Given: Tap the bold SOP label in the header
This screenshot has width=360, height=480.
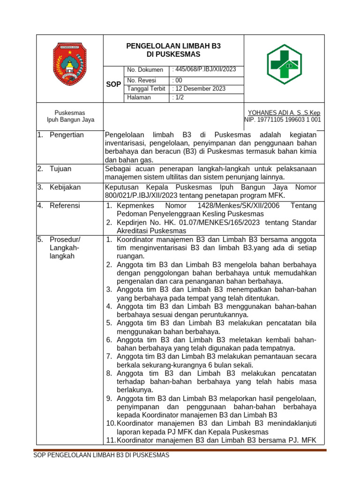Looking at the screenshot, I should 113,84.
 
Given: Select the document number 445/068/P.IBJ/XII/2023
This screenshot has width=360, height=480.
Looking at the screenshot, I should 204,70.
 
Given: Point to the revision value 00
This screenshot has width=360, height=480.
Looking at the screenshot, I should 177,80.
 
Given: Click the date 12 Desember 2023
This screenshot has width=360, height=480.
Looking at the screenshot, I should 199,89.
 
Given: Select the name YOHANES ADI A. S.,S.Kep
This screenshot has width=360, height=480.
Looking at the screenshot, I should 284,113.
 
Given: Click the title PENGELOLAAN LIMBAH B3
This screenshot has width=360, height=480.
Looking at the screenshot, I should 173,46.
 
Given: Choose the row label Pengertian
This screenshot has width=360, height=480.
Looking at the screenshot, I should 67,135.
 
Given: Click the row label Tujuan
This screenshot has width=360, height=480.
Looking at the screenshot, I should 60,169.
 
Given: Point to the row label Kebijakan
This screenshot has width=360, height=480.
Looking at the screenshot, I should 65,187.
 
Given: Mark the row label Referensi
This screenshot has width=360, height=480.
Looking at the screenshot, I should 65,205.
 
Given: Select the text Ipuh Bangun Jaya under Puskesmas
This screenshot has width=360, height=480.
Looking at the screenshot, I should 70,120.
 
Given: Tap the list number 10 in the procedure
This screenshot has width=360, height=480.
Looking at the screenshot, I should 110,423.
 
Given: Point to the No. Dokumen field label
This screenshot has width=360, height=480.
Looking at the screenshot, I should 145,70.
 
